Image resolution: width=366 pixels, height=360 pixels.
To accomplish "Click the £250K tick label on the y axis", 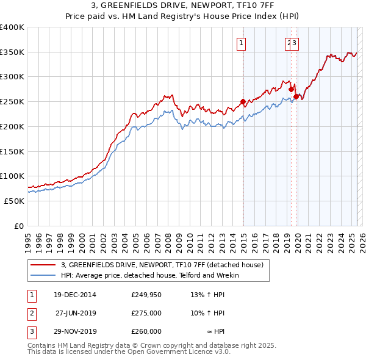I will [13, 102].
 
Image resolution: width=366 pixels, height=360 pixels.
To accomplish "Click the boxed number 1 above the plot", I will [242, 43].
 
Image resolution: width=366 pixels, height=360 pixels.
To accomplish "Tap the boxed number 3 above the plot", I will [294, 43].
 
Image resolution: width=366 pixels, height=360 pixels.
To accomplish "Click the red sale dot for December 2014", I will [243, 101].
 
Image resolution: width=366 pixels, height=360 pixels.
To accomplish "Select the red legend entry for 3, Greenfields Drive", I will [162, 265].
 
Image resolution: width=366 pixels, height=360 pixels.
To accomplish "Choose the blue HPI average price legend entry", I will [149, 275].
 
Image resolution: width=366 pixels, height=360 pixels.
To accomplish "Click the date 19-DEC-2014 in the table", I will [75, 295].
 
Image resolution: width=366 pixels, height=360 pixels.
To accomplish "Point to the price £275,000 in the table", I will [146, 313].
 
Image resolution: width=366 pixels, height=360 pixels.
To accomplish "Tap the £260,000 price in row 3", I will [146, 331].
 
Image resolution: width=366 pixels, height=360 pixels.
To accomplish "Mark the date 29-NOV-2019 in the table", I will [75, 331].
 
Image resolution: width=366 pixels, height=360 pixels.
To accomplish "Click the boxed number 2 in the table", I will [30, 313].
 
